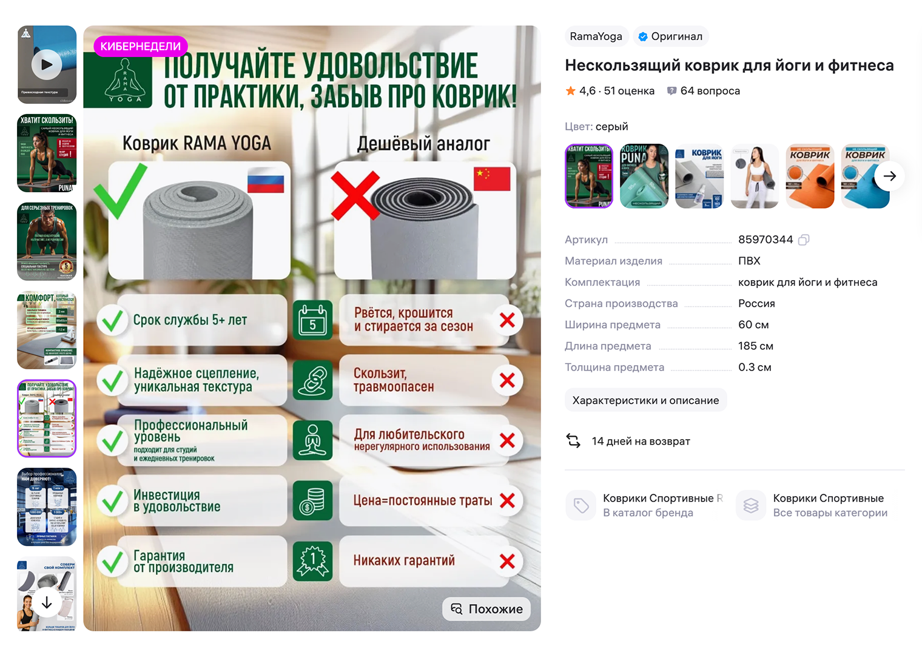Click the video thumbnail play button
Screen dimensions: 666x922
[47, 64]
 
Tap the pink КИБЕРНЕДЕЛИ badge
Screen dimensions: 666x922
[140, 46]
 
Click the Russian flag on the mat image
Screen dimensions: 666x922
[266, 182]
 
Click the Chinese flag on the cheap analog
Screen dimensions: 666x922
[491, 179]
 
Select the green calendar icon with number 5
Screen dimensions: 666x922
[312, 320]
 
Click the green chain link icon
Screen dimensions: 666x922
[312, 380]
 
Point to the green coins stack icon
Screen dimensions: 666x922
[312, 500]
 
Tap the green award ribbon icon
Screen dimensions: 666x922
[312, 560]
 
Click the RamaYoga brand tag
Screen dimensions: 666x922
[596, 36]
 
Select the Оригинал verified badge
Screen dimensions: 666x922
[670, 36]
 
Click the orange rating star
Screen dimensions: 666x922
[570, 91]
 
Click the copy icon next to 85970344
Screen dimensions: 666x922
[804, 240]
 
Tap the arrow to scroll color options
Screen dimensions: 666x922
[889, 176]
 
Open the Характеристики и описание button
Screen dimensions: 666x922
[645, 400]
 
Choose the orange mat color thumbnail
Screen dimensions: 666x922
[810, 176]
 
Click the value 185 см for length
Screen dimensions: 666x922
[755, 346]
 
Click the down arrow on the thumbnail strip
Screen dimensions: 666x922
[47, 602]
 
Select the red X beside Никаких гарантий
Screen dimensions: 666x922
[507, 561]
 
